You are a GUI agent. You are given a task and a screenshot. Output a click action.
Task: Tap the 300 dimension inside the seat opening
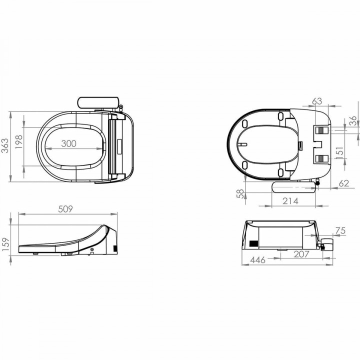68,143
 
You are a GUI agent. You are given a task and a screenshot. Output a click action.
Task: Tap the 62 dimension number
343,183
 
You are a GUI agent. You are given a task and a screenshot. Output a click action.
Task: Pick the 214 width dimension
290,201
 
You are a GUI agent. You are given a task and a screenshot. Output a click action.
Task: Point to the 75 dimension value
340,230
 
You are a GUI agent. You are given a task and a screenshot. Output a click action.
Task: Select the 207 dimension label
301,254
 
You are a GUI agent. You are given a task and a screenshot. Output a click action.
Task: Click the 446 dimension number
257,260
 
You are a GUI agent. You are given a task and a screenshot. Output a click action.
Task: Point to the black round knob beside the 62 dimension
318,187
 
